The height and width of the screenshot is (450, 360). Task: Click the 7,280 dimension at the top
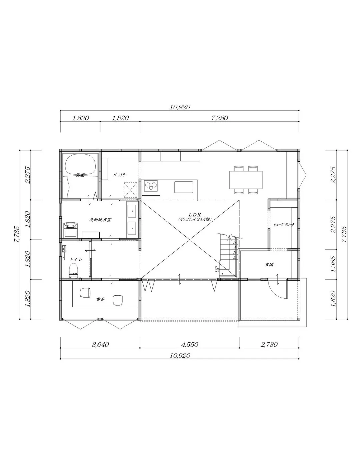[219, 118]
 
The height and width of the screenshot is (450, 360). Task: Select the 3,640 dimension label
[100, 345]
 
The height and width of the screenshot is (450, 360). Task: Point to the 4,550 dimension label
[189, 345]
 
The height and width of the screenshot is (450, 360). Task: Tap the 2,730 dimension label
[269, 345]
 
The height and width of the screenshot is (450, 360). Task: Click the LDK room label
[195, 215]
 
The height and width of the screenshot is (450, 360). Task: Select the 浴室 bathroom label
[80, 175]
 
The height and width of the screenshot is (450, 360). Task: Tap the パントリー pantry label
[120, 175]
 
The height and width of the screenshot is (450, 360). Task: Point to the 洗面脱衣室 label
[100, 220]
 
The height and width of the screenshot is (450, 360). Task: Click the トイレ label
[74, 259]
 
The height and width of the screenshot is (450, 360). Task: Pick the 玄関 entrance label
[269, 264]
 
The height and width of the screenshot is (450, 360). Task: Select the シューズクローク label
[284, 225]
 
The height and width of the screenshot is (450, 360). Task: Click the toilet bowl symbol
[73, 270]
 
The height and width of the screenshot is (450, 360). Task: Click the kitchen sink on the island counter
[183, 187]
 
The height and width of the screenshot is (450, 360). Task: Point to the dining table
[246, 180]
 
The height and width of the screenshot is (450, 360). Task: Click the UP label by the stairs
[217, 269]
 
